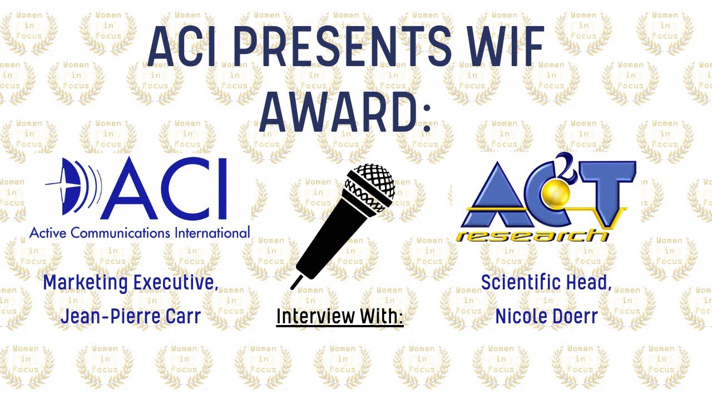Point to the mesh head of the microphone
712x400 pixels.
(370, 189)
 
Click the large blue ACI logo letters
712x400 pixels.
(167, 189)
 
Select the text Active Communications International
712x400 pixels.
(139, 232)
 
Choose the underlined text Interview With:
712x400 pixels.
(339, 316)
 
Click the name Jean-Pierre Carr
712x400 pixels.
(130, 316)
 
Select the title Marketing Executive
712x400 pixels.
(131, 282)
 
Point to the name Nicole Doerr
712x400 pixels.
(546, 316)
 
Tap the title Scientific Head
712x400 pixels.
(546, 282)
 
